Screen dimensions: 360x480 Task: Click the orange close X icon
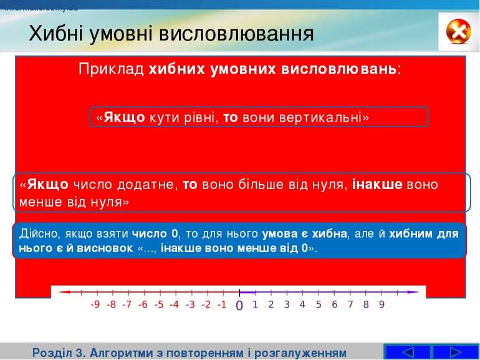459,32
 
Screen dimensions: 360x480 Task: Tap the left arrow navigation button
408,352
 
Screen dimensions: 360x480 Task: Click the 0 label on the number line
239,306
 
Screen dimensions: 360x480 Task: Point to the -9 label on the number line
95,305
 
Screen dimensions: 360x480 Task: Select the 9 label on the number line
382,305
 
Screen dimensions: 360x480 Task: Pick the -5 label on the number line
158,305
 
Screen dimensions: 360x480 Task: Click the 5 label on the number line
319,305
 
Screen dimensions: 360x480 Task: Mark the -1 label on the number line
221,305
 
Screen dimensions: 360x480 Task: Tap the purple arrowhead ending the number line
415,291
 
